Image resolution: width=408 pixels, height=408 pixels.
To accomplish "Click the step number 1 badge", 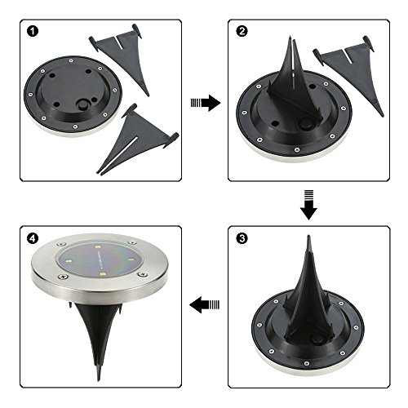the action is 33,31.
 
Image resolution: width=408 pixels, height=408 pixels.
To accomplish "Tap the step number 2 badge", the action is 242,31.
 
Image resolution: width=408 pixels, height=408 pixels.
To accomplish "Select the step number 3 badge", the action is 242,238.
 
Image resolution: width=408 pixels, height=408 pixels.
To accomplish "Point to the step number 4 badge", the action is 33,238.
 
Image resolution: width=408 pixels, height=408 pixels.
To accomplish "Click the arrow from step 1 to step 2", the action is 206,103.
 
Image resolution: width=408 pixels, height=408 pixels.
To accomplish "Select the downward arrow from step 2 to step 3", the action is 308,205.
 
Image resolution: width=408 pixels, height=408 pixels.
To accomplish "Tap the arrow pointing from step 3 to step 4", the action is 204,304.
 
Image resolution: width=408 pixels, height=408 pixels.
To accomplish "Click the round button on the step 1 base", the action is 82,104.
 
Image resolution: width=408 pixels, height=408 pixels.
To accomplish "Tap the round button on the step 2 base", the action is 304,124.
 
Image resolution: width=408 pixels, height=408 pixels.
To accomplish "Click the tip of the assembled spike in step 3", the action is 308,236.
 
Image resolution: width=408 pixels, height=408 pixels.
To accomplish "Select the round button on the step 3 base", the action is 317,339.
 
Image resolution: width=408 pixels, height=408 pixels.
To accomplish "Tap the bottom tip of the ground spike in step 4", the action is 98,380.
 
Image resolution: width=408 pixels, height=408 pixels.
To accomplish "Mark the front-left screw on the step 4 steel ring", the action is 63,277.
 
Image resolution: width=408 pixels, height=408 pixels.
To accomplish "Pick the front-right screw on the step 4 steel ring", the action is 141,274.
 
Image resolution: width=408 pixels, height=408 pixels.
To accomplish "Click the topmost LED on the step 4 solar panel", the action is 98,247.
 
